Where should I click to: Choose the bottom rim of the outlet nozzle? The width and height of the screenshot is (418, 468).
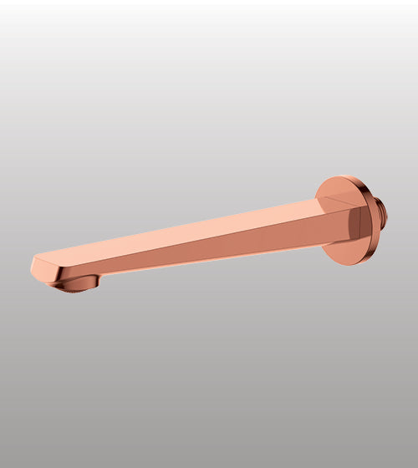coord(78,290)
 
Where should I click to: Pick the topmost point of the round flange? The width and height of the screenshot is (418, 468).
coord(343,175)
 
